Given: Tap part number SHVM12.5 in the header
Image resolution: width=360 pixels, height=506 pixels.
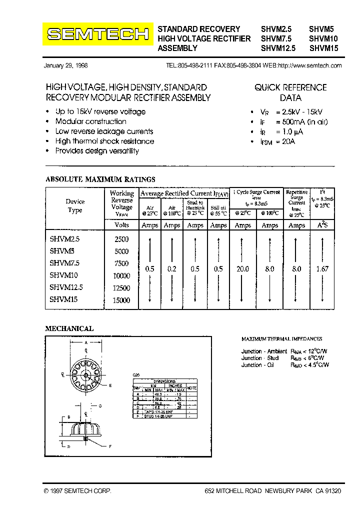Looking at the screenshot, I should click(x=278, y=48).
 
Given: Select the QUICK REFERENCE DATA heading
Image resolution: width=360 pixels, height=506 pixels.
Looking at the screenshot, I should click(x=290, y=92).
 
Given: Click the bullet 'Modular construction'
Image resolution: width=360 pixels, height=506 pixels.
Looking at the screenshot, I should click(x=90, y=121).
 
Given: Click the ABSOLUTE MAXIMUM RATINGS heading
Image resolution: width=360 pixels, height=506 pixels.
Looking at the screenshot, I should click(x=100, y=179).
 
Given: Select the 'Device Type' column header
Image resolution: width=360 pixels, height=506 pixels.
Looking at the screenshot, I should click(x=75, y=206).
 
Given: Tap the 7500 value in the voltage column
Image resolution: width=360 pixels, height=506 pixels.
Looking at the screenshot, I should click(x=121, y=263).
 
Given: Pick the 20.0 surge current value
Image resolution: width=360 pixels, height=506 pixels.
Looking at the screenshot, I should click(x=242, y=269).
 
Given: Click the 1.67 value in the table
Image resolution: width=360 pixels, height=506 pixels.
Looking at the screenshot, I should click(x=322, y=269).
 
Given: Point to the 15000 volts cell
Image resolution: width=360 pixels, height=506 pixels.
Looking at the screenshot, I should click(x=121, y=300).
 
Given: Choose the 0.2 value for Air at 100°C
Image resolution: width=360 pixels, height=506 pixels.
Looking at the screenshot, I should click(x=171, y=269).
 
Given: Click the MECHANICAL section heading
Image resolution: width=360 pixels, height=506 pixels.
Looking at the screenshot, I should click(x=69, y=328).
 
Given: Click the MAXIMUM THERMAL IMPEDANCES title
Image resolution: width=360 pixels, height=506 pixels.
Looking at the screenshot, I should click(x=281, y=339).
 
